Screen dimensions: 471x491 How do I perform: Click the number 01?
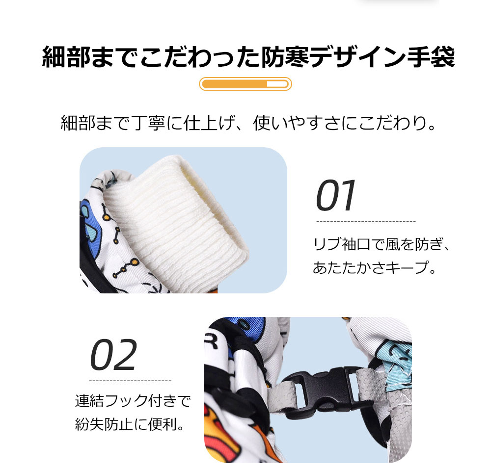[x=336, y=196]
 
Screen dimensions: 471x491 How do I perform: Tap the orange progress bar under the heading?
[x=245, y=84]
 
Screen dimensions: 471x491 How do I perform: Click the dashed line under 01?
[x=365, y=222]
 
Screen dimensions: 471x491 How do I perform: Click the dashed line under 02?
[x=130, y=381]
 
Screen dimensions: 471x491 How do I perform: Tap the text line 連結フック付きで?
[x=132, y=402]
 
